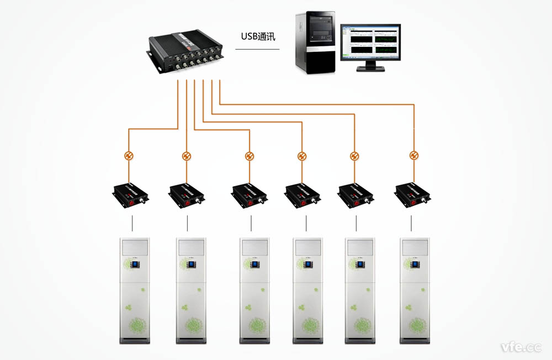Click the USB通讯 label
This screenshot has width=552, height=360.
(258, 38)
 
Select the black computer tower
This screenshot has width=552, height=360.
(315, 43)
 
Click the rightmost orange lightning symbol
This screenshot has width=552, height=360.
(413, 155)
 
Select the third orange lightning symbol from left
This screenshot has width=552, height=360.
(250, 156)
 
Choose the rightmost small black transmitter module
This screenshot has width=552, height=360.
(412, 194)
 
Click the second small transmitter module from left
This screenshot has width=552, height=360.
(187, 194)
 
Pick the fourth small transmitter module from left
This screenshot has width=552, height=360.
(302, 194)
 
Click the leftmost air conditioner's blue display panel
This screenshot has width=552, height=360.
(135, 266)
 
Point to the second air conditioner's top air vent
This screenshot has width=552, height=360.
(190, 246)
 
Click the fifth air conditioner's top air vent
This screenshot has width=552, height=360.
(359, 246)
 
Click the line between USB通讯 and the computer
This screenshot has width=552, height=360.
(257, 50)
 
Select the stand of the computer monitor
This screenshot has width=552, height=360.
(370, 67)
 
